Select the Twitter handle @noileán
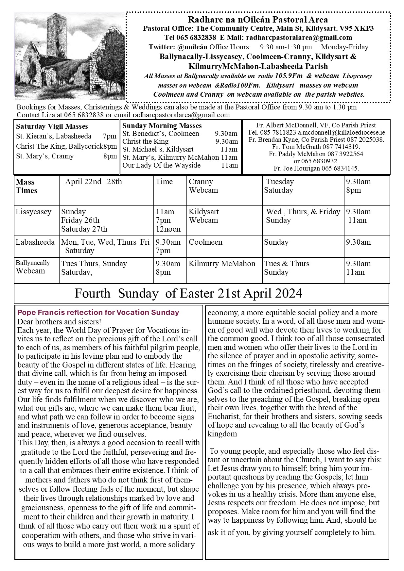click(190, 47)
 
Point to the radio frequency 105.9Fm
click(288, 76)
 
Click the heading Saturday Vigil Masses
click(52, 126)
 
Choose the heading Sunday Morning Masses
click(162, 126)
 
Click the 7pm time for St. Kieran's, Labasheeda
click(109, 136)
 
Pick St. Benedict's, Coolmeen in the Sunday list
click(161, 134)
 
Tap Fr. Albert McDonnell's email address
click(341, 133)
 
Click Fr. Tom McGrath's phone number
click(341, 147)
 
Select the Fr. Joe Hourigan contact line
click(316, 169)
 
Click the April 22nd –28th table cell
click(93, 182)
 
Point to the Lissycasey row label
click(34, 212)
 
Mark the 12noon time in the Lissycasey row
click(168, 229)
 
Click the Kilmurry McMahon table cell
click(222, 264)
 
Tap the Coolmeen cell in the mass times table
click(205, 242)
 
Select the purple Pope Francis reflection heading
click(98, 312)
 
